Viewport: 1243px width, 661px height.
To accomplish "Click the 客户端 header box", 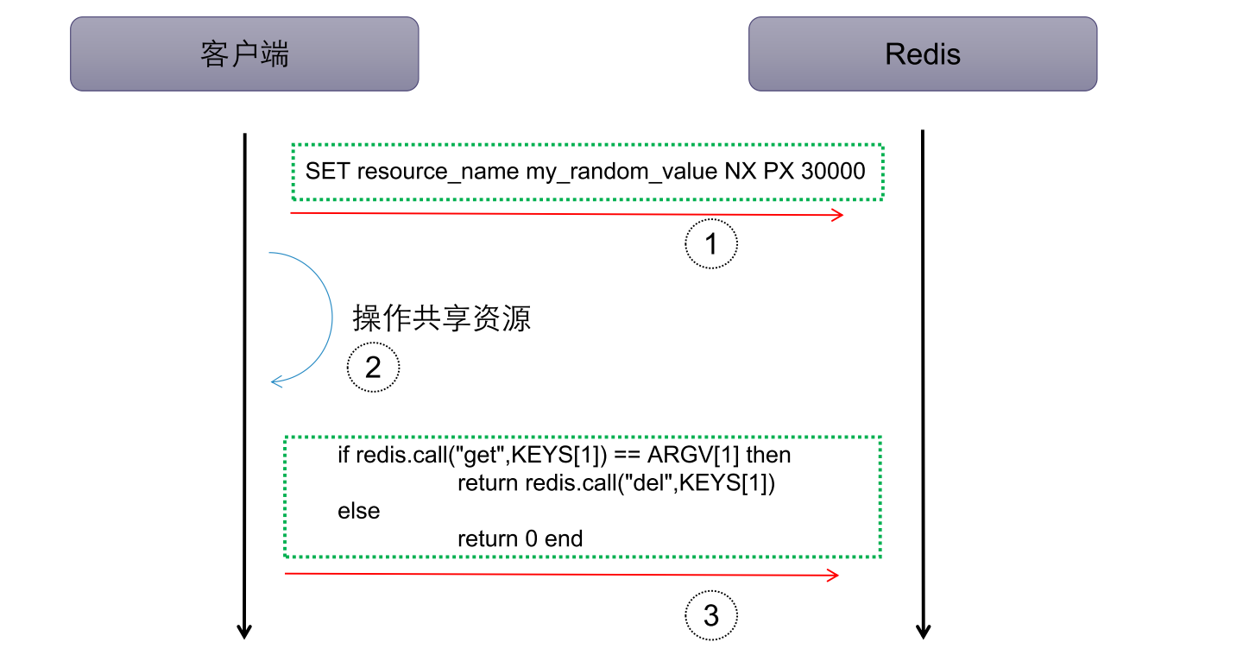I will click(244, 54).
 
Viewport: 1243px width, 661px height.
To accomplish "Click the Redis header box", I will click(922, 54).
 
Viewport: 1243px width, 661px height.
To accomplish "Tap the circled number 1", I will click(711, 244).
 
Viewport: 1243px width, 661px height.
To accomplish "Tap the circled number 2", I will click(373, 368).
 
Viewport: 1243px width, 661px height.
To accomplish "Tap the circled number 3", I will click(711, 616).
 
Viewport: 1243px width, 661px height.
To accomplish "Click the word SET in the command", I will click(327, 171).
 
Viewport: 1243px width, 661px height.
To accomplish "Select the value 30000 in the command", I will click(832, 171).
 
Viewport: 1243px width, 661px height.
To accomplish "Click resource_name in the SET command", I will click(439, 171).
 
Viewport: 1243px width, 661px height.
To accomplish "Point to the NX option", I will click(740, 171).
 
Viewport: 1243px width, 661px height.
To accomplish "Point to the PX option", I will click(778, 171).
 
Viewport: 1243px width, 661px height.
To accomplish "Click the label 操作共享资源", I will click(441, 318).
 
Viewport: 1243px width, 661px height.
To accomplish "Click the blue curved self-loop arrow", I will click(330, 318).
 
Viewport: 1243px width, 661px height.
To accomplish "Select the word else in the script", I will click(358, 511).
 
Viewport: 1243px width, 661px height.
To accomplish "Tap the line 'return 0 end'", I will click(520, 539).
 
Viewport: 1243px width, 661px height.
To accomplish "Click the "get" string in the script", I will click(484, 454).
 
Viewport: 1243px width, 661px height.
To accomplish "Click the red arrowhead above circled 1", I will click(836, 216).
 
